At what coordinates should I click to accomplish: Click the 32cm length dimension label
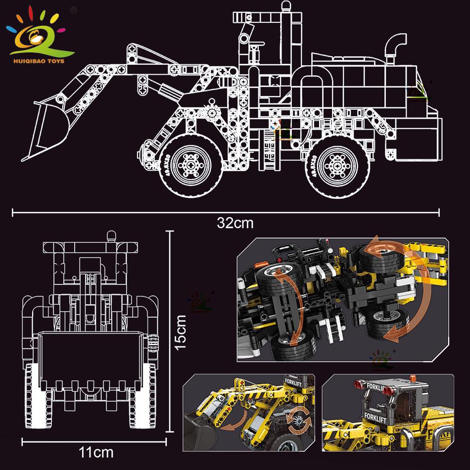click(235, 223)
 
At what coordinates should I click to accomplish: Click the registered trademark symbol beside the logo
click(74, 9)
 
